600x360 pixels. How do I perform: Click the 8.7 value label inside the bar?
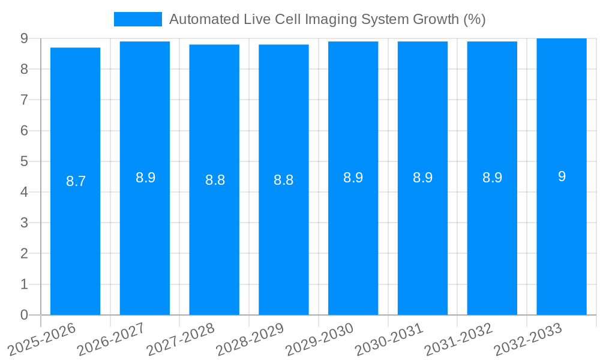point(76,181)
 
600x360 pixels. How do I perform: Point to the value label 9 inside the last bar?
point(562,176)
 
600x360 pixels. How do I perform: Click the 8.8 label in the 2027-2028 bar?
point(215,180)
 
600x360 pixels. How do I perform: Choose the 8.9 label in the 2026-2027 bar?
point(145,178)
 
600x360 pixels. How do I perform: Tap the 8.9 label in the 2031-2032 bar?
point(492,178)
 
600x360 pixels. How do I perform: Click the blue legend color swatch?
point(138,19)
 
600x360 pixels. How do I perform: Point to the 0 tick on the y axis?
point(24,315)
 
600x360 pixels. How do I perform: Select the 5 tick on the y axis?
point(24,161)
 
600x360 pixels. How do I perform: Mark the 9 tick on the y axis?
point(24,38)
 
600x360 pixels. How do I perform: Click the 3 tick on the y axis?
point(24,223)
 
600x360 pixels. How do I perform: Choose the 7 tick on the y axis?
point(24,100)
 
